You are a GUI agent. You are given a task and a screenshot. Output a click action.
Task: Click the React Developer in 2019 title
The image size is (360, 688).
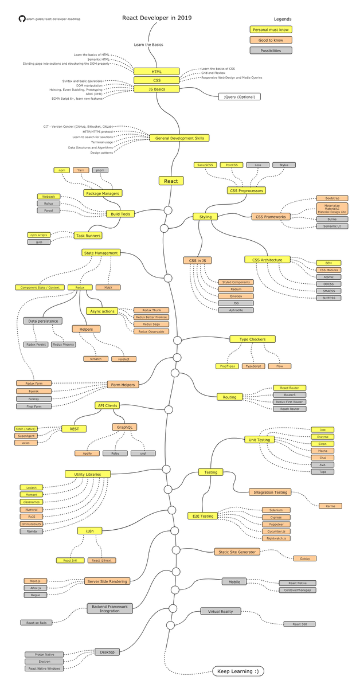[x=156, y=18]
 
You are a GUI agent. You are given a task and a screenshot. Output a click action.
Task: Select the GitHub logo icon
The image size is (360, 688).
[x=22, y=19]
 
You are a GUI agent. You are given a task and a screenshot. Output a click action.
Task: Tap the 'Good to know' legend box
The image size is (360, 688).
[x=271, y=40]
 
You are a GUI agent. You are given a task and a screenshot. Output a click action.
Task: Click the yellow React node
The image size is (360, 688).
[x=171, y=181]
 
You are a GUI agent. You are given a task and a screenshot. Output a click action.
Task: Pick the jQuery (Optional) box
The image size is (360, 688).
[x=239, y=97]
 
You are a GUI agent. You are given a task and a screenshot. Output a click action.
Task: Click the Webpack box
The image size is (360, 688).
[x=48, y=196]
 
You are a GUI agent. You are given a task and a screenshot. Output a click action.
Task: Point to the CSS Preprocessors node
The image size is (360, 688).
[x=245, y=190]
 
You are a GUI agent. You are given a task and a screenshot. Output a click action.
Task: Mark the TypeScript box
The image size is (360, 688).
[x=253, y=366]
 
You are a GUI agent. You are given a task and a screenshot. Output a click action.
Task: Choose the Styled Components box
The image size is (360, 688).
[x=236, y=282]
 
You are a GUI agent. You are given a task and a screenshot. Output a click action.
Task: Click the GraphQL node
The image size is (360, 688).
[x=124, y=427]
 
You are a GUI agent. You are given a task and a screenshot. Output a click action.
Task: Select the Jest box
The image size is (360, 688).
[x=322, y=429]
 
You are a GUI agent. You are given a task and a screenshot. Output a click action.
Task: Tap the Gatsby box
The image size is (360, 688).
[x=304, y=558]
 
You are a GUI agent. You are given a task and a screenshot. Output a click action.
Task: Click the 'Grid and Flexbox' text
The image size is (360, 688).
[x=213, y=73]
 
